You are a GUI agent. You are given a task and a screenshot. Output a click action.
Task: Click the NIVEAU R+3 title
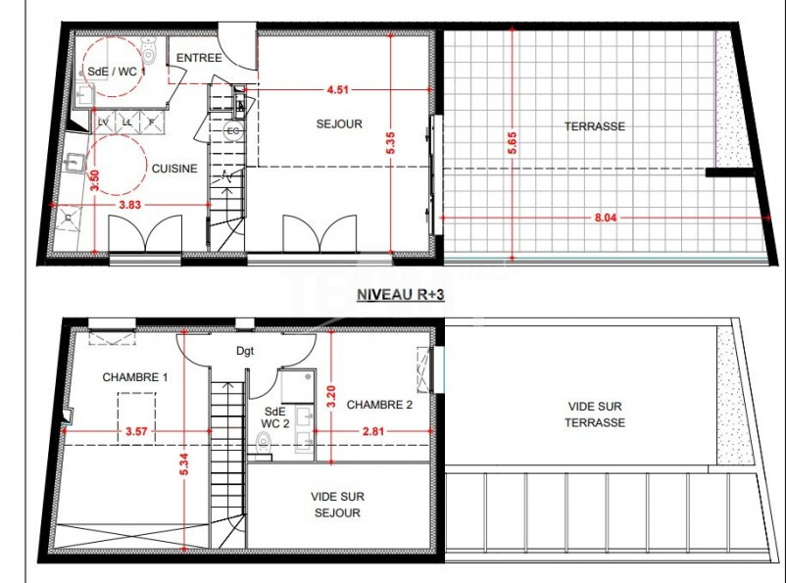pos(400,294)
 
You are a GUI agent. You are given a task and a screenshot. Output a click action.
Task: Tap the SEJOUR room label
pos(339,124)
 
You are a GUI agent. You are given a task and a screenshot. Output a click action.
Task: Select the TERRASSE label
pos(594,126)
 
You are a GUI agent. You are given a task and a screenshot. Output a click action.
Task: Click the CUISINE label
pos(174,169)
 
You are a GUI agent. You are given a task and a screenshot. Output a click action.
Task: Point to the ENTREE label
pos(198,58)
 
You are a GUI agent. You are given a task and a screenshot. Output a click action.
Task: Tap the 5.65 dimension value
pos(512,143)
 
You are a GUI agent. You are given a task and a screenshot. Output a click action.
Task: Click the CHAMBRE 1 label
pos(135,377)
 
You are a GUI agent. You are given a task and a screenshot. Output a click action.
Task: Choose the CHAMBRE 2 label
pos(379,404)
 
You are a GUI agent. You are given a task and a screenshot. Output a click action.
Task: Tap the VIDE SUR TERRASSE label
pos(596,414)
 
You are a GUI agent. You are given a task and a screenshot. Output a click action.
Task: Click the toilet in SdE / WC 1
pos(149,49)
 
